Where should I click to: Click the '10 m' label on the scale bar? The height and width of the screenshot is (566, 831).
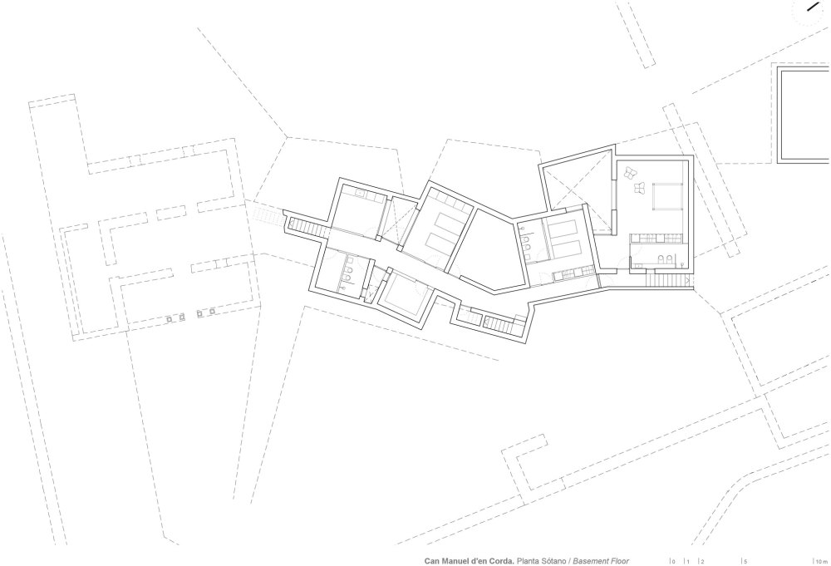tap(821, 561)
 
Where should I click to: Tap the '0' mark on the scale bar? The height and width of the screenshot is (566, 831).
tap(674, 561)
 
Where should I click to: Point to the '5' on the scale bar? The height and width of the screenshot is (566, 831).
tap(745, 561)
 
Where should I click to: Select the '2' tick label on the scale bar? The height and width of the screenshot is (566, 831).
tap(703, 561)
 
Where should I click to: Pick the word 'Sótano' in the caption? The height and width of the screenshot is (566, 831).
tap(553, 561)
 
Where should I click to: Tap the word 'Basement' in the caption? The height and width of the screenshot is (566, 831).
tap(591, 561)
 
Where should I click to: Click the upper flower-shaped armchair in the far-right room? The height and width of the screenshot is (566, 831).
tap(632, 172)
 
